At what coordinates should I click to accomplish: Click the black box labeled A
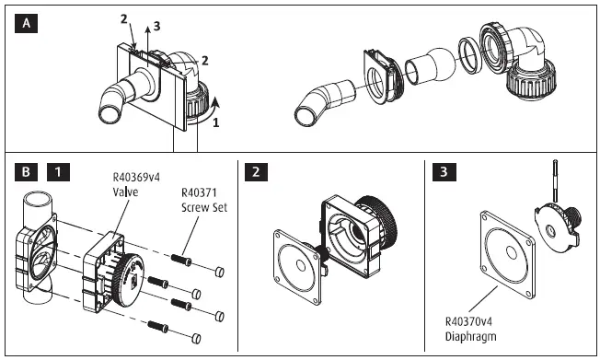(26, 23)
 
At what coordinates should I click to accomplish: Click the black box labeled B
(26, 171)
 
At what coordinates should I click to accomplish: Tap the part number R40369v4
(136, 178)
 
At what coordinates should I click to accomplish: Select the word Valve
(125, 192)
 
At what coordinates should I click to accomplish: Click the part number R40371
(199, 192)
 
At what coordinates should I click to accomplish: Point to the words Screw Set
(204, 207)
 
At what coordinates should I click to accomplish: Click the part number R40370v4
(468, 321)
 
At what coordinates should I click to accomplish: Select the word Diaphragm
(470, 337)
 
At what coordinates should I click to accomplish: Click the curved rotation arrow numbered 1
(207, 113)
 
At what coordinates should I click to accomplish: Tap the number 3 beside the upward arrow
(156, 26)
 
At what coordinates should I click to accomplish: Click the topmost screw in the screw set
(181, 260)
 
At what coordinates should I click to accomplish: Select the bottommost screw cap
(196, 339)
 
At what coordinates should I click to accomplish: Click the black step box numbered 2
(256, 171)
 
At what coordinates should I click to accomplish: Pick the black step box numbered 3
(444, 171)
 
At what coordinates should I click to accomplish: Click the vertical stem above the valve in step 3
(555, 180)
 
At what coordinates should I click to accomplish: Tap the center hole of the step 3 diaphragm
(512, 253)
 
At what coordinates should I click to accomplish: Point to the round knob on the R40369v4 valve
(128, 279)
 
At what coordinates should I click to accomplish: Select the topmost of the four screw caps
(219, 272)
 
